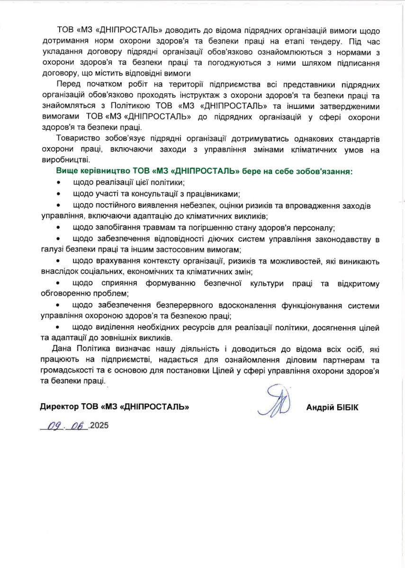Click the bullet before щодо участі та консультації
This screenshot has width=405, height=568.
point(59,194)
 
